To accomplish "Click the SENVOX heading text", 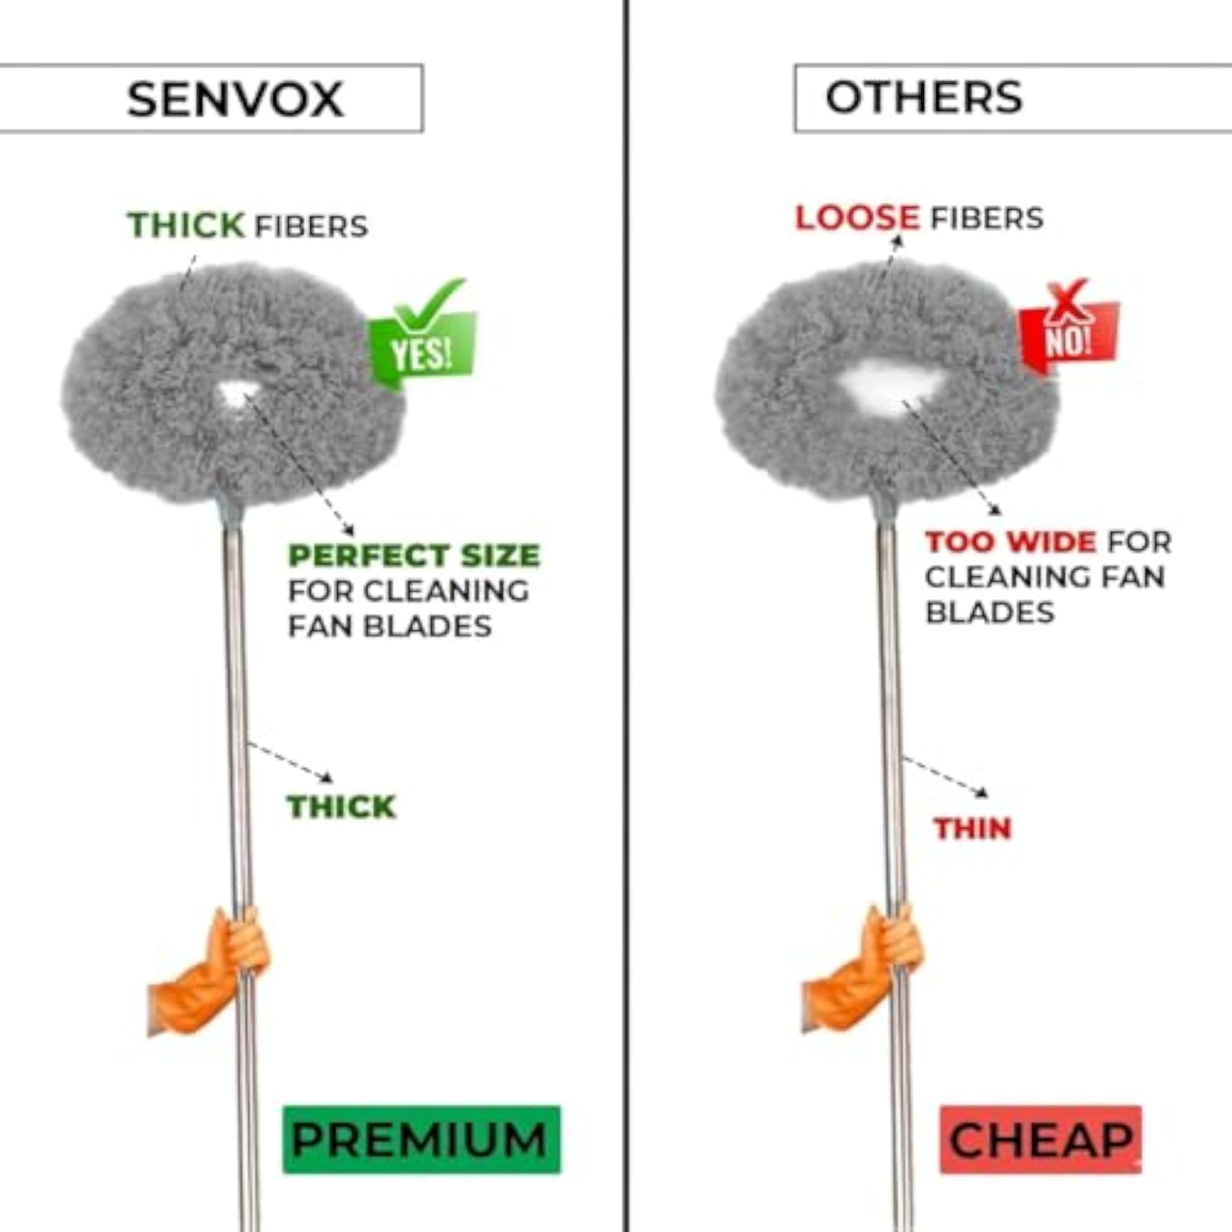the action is coord(235,99).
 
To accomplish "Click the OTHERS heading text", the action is coord(924,97).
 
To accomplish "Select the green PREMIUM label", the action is coord(421,1140).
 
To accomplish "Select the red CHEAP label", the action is coord(1040,1140).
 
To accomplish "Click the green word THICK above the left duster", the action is coord(186,225).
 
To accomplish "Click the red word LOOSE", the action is coord(857,217).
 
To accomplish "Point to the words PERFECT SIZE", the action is coord(414,556).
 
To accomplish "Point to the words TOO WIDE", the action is coord(1011,542).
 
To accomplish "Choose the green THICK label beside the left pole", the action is coord(342,807).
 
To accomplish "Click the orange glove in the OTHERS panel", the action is coord(862,968).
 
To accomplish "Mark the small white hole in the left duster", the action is coord(238,395).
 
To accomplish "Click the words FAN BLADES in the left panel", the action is coord(390,626).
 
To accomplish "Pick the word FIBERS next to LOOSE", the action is coord(987,218).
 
